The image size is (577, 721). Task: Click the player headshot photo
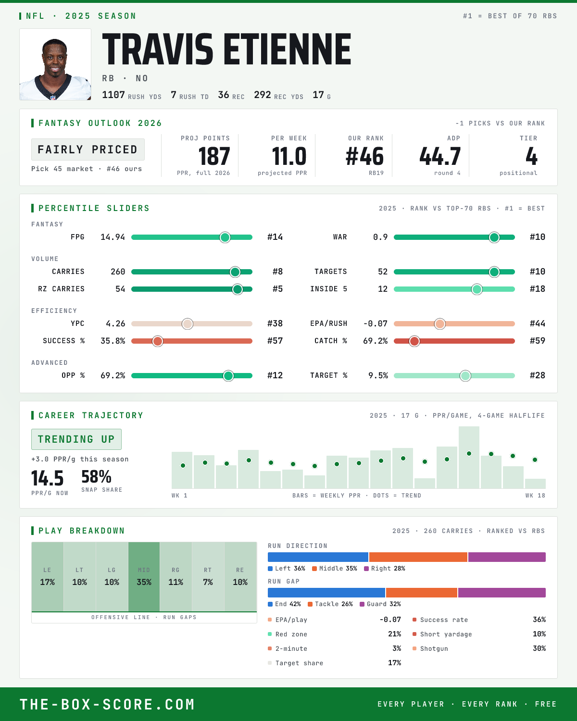coord(55,64)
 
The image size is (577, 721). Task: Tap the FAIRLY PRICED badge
coord(88,149)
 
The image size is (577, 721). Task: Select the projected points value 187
coord(214,157)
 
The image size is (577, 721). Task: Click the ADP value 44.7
coord(440,157)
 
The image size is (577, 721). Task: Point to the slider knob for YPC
coord(188,323)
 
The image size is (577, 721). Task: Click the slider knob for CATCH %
coord(414,341)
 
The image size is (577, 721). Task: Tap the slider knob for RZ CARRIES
coord(238,289)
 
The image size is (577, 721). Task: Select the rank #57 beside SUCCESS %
coord(275,341)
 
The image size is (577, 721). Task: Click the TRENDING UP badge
coord(76,439)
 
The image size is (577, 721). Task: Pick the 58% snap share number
coord(96,476)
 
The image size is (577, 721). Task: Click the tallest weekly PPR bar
coord(469,457)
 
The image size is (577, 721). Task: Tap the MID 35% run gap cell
coord(144,577)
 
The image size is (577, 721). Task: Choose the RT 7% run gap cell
coord(208,577)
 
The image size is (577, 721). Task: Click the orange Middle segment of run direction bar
coord(418,557)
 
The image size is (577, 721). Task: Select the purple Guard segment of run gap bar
coord(502,593)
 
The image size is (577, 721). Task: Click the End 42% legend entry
coord(284,604)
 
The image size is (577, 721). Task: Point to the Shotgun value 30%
coord(539,648)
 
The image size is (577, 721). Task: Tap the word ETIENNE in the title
coord(288,49)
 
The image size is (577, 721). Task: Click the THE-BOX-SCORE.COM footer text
coord(107,704)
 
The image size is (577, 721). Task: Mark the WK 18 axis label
coord(535,496)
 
